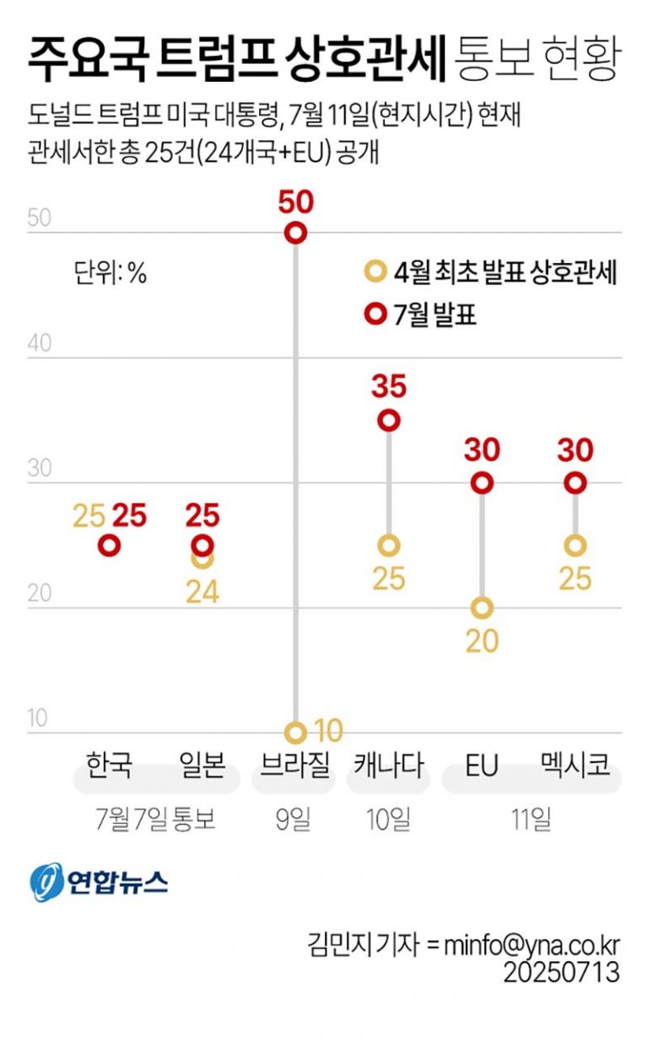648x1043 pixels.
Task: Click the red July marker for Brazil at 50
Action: (295, 233)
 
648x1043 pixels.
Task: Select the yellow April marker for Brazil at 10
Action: (295, 732)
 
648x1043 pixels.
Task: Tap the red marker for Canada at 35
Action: (389, 420)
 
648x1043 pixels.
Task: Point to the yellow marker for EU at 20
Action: (482, 608)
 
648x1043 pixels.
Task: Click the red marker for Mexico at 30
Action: (575, 482)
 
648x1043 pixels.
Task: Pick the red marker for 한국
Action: (109, 546)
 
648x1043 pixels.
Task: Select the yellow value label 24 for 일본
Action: (202, 591)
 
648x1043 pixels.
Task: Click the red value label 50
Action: (295, 202)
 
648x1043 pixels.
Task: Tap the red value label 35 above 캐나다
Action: (389, 387)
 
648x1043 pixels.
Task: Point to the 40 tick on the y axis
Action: (40, 344)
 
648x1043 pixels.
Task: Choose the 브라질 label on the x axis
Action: (295, 766)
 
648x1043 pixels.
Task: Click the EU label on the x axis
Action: (482, 766)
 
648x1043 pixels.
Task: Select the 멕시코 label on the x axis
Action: (575, 766)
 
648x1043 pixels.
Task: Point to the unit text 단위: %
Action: (111, 273)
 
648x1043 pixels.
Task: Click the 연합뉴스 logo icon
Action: (48, 882)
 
